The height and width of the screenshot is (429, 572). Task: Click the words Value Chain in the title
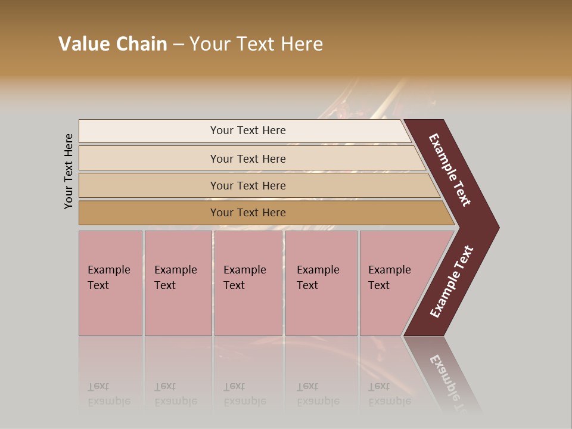click(113, 44)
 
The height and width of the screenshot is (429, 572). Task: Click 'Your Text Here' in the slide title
click(256, 44)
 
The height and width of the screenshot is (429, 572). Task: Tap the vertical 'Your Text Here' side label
click(69, 171)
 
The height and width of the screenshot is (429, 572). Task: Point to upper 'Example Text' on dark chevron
click(450, 170)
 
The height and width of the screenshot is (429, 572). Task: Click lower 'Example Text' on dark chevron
click(452, 281)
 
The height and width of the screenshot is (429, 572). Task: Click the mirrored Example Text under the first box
click(108, 394)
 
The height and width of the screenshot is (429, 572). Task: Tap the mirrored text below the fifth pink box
click(389, 394)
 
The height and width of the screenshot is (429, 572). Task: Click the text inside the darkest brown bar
click(248, 213)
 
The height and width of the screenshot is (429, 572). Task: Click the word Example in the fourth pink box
click(318, 270)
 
